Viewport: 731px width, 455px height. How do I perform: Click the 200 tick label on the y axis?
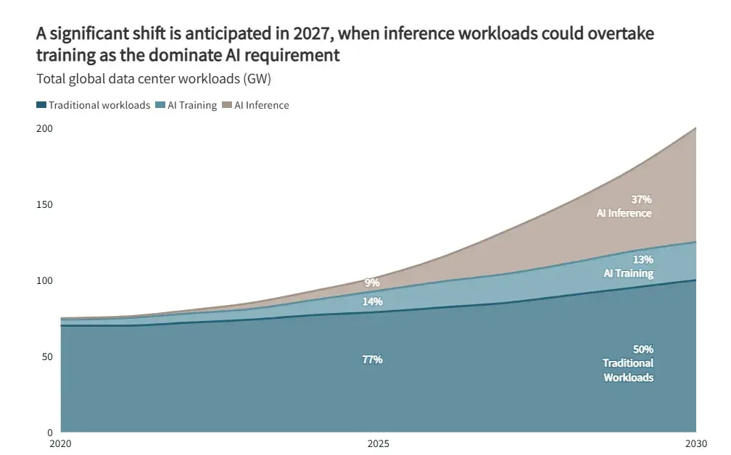point(44,128)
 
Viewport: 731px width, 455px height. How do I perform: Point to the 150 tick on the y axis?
point(44,204)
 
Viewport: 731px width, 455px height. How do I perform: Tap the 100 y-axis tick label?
point(44,280)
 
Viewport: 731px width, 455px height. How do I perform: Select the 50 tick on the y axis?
point(47,356)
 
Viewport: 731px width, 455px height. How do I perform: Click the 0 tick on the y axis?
point(50,432)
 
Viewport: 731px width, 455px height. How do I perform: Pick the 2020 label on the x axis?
point(60,443)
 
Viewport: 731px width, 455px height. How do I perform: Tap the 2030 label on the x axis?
point(695,443)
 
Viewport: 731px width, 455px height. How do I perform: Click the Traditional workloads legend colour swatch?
point(41,106)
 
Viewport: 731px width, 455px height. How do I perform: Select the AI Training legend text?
point(192,105)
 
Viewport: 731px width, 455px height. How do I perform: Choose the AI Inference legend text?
point(261,105)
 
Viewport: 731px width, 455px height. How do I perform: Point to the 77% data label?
point(372,359)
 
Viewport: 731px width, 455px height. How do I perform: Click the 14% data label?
point(372,301)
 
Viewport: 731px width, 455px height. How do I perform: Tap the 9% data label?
point(372,283)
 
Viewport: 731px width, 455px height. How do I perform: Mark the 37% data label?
point(642,199)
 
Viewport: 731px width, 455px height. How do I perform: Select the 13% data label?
point(643,259)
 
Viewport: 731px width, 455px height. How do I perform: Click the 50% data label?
point(643,349)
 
